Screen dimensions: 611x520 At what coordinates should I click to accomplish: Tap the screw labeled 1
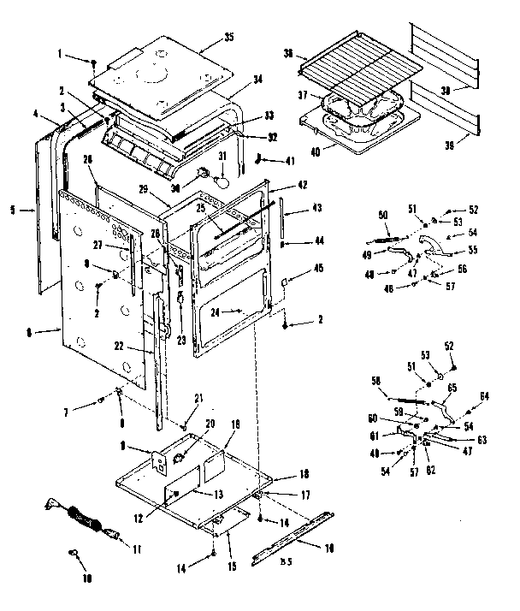93,64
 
